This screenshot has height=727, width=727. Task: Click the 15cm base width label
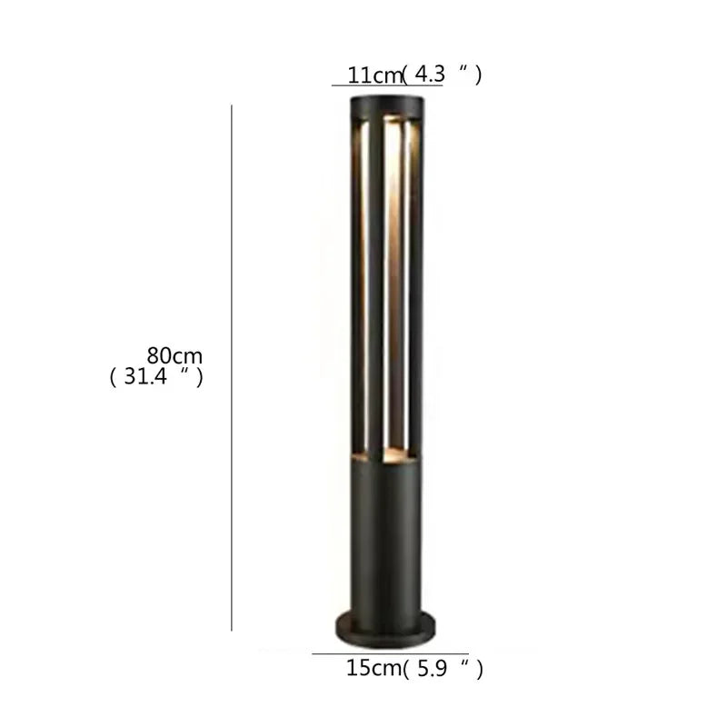(373, 670)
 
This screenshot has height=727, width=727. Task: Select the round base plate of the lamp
(383, 624)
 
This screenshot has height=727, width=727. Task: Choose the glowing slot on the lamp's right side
(408, 282)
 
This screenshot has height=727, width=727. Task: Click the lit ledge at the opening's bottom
(383, 452)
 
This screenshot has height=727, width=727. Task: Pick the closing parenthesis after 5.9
(478, 671)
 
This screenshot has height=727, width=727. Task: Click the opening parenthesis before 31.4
(114, 376)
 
